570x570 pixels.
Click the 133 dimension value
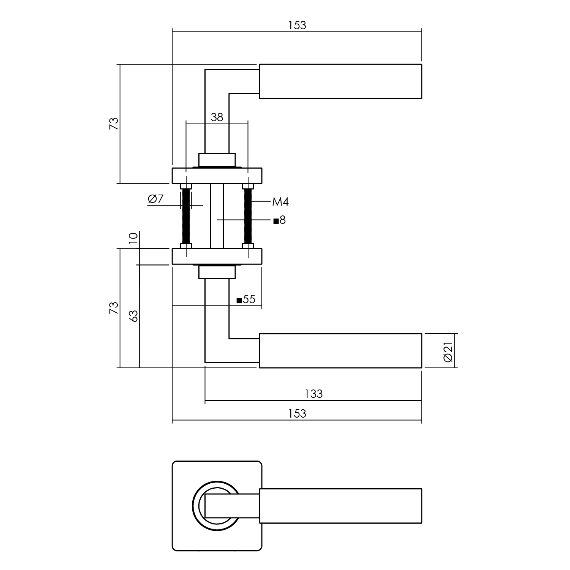click(313, 394)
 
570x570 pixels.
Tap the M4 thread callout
click(280, 202)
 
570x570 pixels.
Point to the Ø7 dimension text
click(155, 199)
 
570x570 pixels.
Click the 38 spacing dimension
click(217, 117)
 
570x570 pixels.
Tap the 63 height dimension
click(133, 316)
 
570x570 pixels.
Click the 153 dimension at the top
click(297, 25)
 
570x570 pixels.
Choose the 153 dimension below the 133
click(297, 413)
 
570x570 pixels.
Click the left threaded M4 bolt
click(186, 216)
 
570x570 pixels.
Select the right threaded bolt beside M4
click(248, 216)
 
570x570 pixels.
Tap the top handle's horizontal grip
click(340, 81)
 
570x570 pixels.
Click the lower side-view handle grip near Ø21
click(340, 351)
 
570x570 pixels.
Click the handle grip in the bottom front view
click(340, 506)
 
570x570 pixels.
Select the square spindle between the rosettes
click(217, 216)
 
